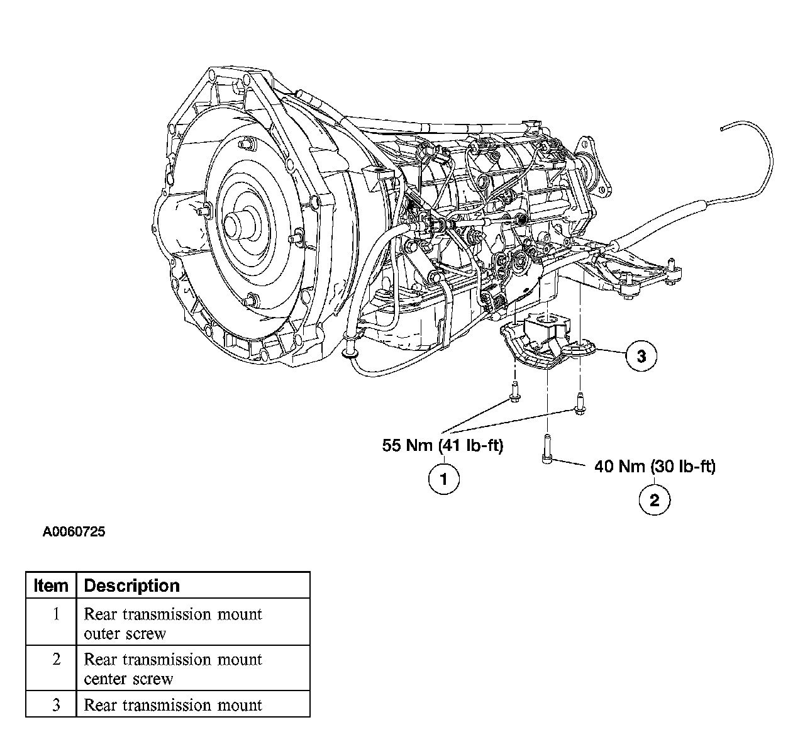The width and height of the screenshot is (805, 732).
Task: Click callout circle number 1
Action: (x=443, y=479)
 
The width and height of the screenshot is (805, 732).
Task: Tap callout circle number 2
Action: (x=655, y=500)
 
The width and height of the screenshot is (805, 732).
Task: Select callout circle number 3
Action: (x=641, y=355)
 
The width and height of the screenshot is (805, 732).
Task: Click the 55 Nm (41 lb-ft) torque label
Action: (x=443, y=445)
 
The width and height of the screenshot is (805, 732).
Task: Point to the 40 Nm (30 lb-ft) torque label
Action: (x=655, y=467)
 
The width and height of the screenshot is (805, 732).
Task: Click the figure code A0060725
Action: (x=74, y=532)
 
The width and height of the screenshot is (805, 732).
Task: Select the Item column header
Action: (x=51, y=585)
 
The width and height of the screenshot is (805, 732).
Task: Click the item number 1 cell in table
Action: (x=51, y=622)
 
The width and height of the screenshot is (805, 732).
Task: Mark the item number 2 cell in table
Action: (x=51, y=668)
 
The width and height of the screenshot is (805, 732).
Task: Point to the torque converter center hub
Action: (x=241, y=225)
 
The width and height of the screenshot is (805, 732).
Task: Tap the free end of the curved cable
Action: (x=721, y=129)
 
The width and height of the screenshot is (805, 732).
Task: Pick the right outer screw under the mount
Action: (x=579, y=403)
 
